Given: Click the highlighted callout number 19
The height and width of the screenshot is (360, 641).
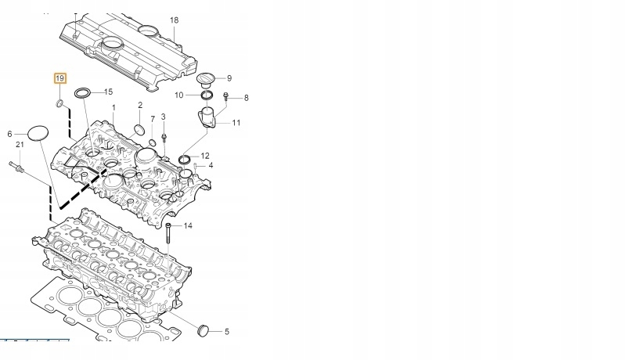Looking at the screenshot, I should click(x=60, y=78).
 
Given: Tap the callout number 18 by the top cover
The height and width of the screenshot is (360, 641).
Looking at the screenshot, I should click(x=174, y=20).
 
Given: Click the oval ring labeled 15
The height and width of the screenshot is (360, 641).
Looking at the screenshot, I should click(x=82, y=95).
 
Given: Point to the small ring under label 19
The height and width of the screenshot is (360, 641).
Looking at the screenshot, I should click(x=59, y=103).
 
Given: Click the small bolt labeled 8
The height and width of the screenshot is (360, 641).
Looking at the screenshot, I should click(x=225, y=97).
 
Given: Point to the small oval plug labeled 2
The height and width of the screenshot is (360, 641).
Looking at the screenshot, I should click(x=138, y=129).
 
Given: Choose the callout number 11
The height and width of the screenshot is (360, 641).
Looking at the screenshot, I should click(x=236, y=123).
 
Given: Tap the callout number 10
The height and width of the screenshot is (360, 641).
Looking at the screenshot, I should click(x=179, y=95).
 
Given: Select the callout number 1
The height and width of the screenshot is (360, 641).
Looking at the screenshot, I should click(x=113, y=107).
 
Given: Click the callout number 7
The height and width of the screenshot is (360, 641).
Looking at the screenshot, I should click(x=153, y=119).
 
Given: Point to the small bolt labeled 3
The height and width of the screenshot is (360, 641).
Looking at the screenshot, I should click(x=164, y=136).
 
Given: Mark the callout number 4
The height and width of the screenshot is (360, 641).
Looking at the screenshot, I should click(x=210, y=165).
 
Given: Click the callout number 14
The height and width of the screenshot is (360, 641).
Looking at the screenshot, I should click(x=188, y=225).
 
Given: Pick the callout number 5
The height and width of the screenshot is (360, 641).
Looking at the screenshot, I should click(x=227, y=331).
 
